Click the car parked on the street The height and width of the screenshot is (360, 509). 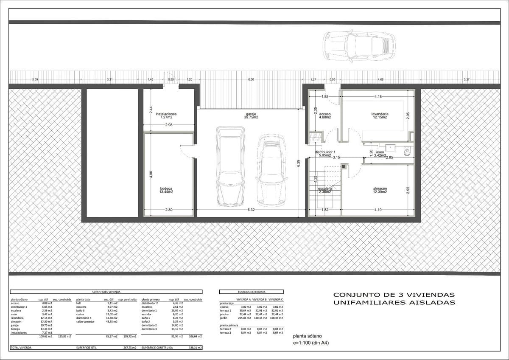coord(359,46)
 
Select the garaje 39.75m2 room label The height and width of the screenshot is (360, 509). coord(252,116)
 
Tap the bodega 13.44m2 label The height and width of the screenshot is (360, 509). coord(166,190)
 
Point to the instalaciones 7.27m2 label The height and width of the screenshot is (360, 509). coord(166,116)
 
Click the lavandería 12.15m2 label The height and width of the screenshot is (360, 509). coord(379,116)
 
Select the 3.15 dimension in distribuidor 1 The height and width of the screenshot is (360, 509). coord(336,157)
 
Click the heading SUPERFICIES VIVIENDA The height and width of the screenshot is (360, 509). coord(106,292)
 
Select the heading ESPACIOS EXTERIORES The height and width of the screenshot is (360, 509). coord(251,292)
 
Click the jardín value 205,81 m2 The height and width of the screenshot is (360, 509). coord(245,318)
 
